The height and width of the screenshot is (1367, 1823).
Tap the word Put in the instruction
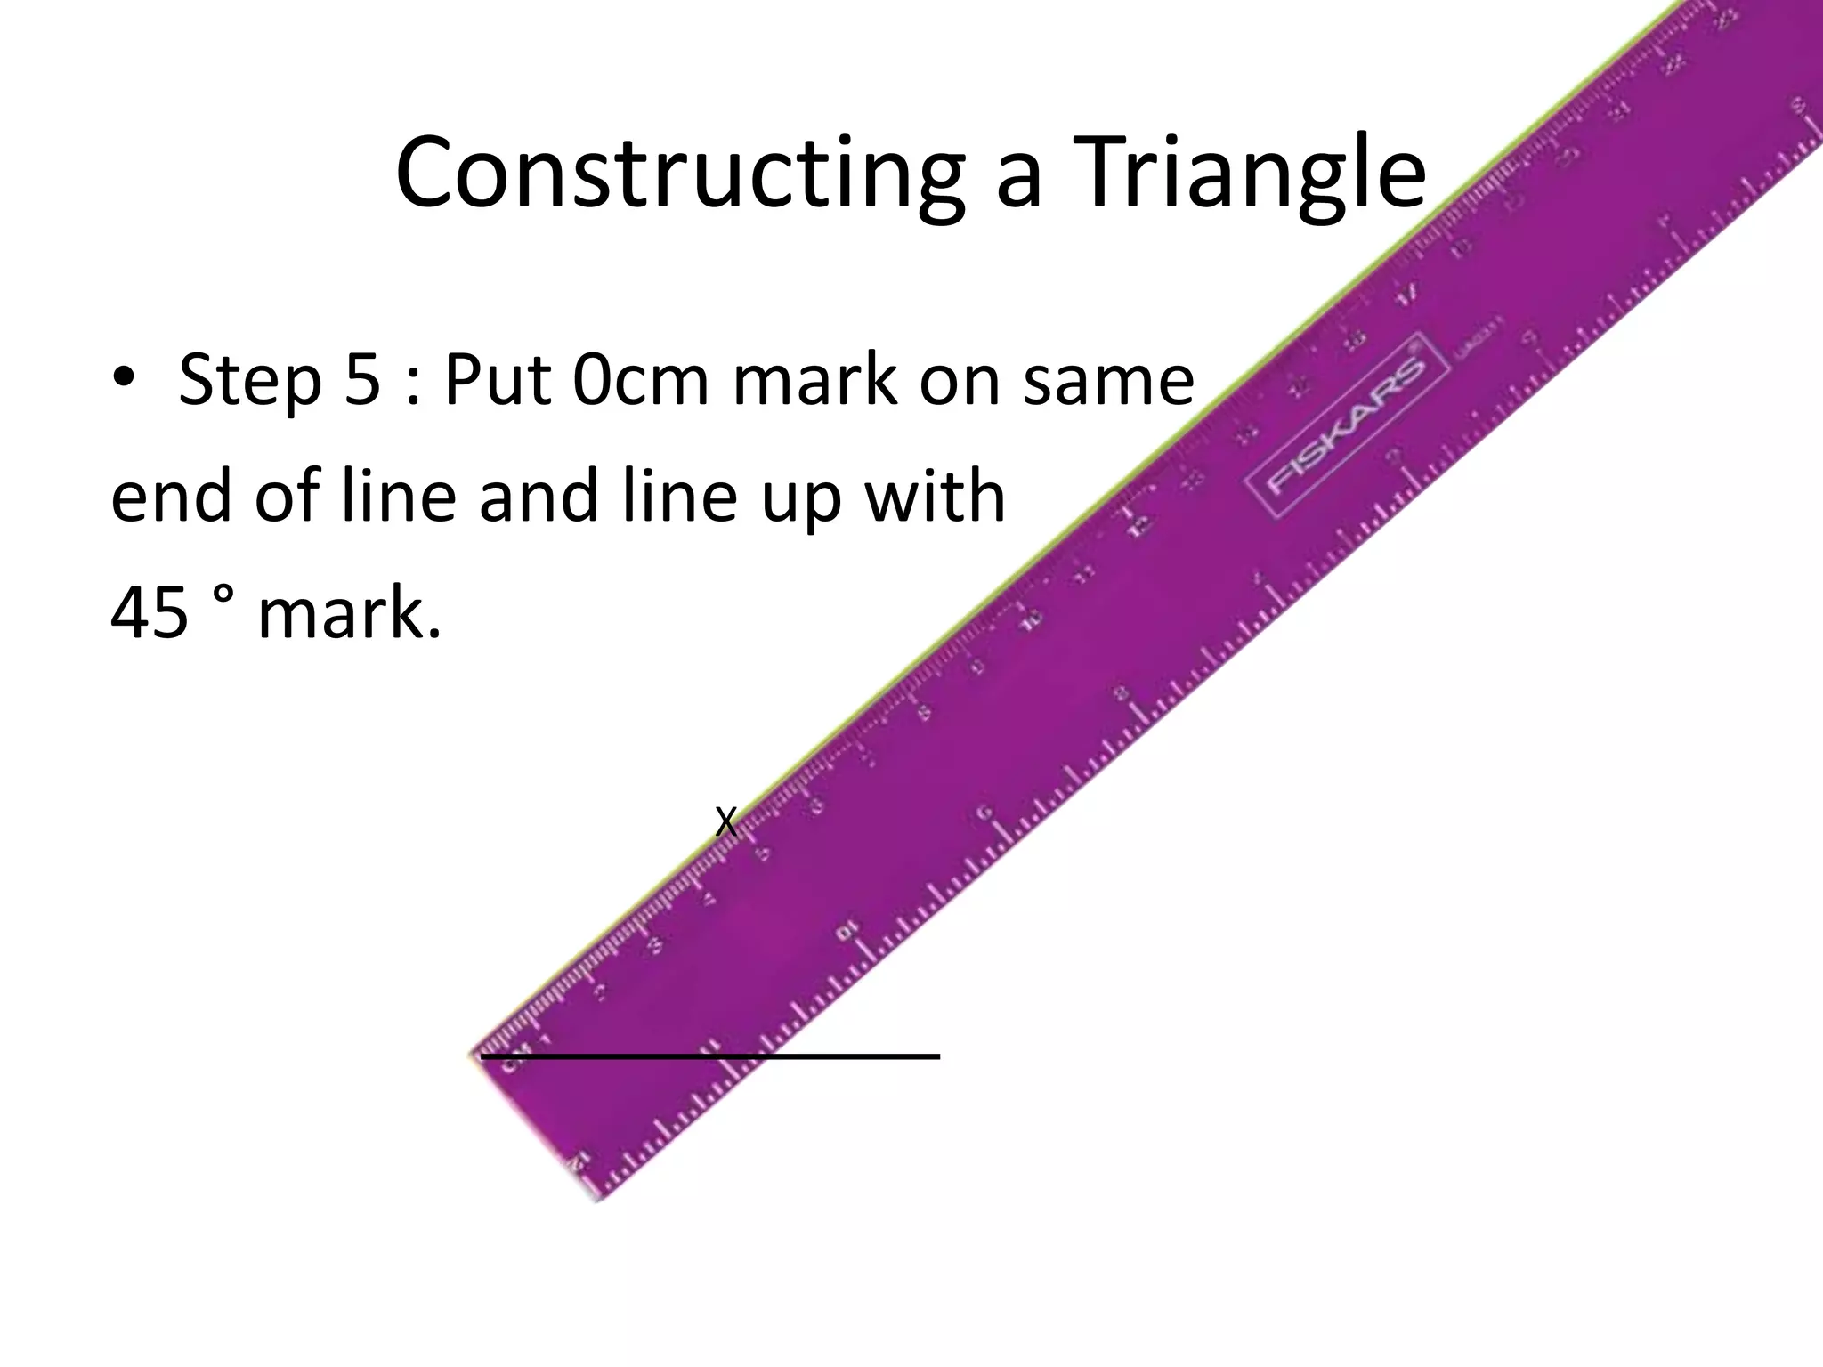point(494,379)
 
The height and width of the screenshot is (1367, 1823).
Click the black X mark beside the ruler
point(726,822)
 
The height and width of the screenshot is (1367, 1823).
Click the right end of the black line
point(938,1056)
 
